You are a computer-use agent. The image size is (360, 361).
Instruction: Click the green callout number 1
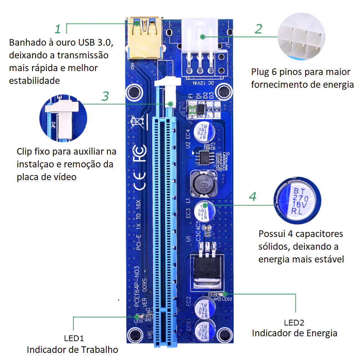[x=58, y=29]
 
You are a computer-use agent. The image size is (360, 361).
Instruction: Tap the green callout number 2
[x=258, y=29]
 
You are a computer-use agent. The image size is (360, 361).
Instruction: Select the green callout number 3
[x=105, y=96]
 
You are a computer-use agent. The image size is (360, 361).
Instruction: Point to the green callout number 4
[x=252, y=197]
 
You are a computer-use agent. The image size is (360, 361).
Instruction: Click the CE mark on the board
[x=139, y=181]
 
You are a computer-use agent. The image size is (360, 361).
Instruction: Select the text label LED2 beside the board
[x=294, y=323]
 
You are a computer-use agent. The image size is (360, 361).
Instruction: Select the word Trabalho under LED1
[x=100, y=350]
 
